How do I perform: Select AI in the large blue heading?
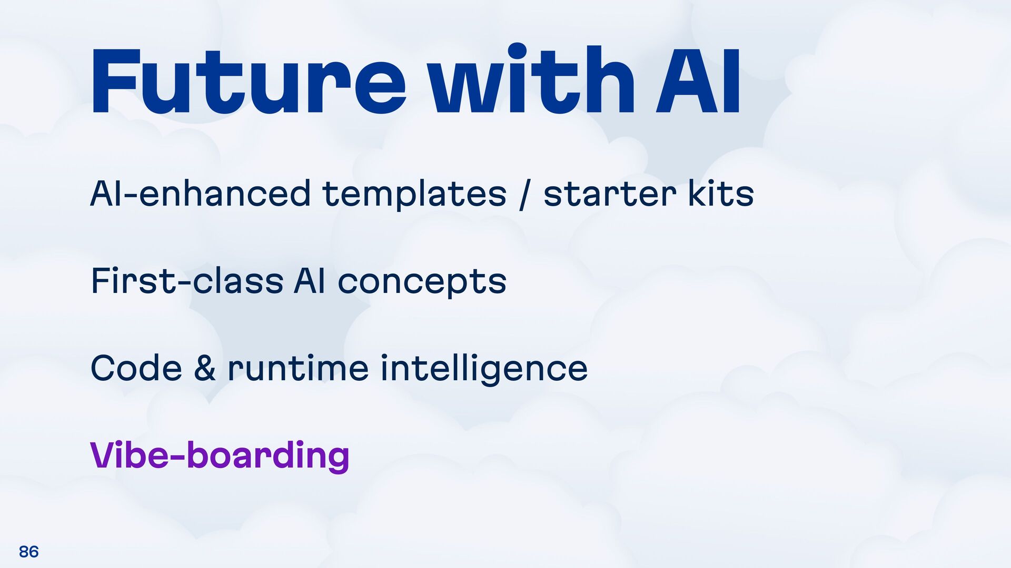[x=698, y=82]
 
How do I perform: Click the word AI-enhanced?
[x=200, y=193]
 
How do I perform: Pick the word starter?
[x=610, y=194]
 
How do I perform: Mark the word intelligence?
[x=484, y=368]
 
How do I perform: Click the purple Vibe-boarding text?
[x=220, y=455]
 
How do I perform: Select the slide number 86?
[x=28, y=551]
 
